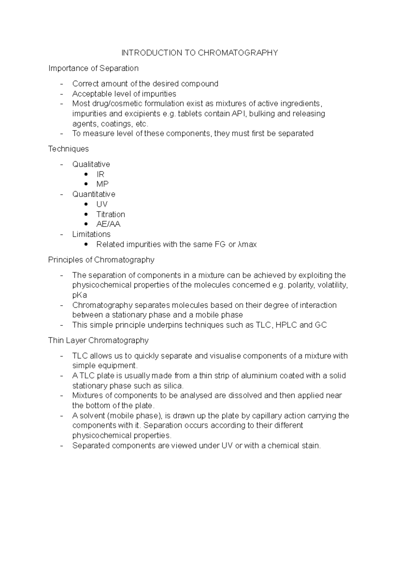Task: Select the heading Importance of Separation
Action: (93, 68)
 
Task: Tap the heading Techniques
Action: (68, 149)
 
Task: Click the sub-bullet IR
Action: (100, 174)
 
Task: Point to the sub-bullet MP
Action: (102, 184)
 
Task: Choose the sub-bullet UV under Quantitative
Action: (102, 204)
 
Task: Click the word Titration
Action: (111, 214)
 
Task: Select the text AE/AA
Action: (108, 224)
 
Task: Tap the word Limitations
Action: (91, 234)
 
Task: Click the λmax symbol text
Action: (247, 244)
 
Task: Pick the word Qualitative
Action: (91, 164)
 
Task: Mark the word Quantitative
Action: (94, 194)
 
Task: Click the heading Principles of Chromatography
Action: (101, 260)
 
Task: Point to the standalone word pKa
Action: (80, 295)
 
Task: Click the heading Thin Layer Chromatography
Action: (98, 340)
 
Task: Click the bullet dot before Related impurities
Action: (86, 244)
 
